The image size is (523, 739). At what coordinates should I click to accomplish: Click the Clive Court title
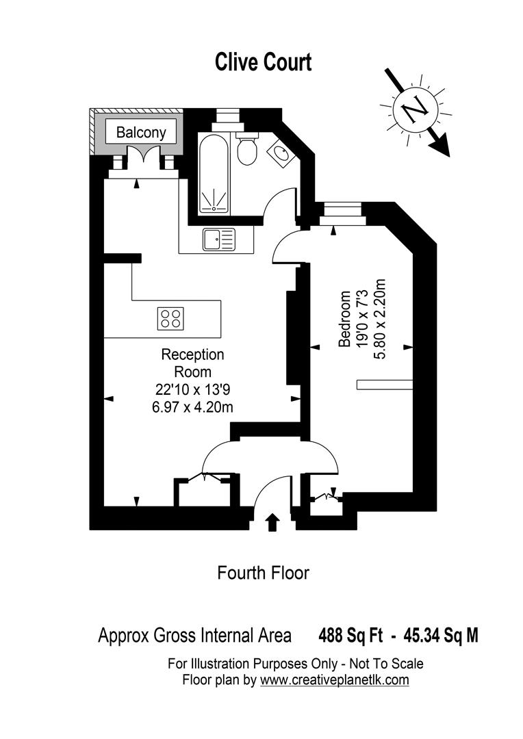pos(264,62)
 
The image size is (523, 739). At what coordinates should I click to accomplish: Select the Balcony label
pos(141,133)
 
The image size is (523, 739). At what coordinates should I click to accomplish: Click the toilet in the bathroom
pos(246,149)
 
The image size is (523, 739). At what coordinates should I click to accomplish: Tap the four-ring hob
pos(170,318)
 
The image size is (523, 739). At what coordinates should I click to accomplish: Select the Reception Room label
pos(192,363)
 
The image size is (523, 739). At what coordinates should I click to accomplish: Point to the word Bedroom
pos(345,320)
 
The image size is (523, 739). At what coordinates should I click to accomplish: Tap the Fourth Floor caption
pos(263,572)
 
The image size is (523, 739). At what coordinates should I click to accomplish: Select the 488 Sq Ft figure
pos(347,636)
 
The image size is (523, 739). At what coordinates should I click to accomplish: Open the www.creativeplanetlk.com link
pos(334,680)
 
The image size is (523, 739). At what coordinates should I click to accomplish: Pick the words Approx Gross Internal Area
pos(194,636)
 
